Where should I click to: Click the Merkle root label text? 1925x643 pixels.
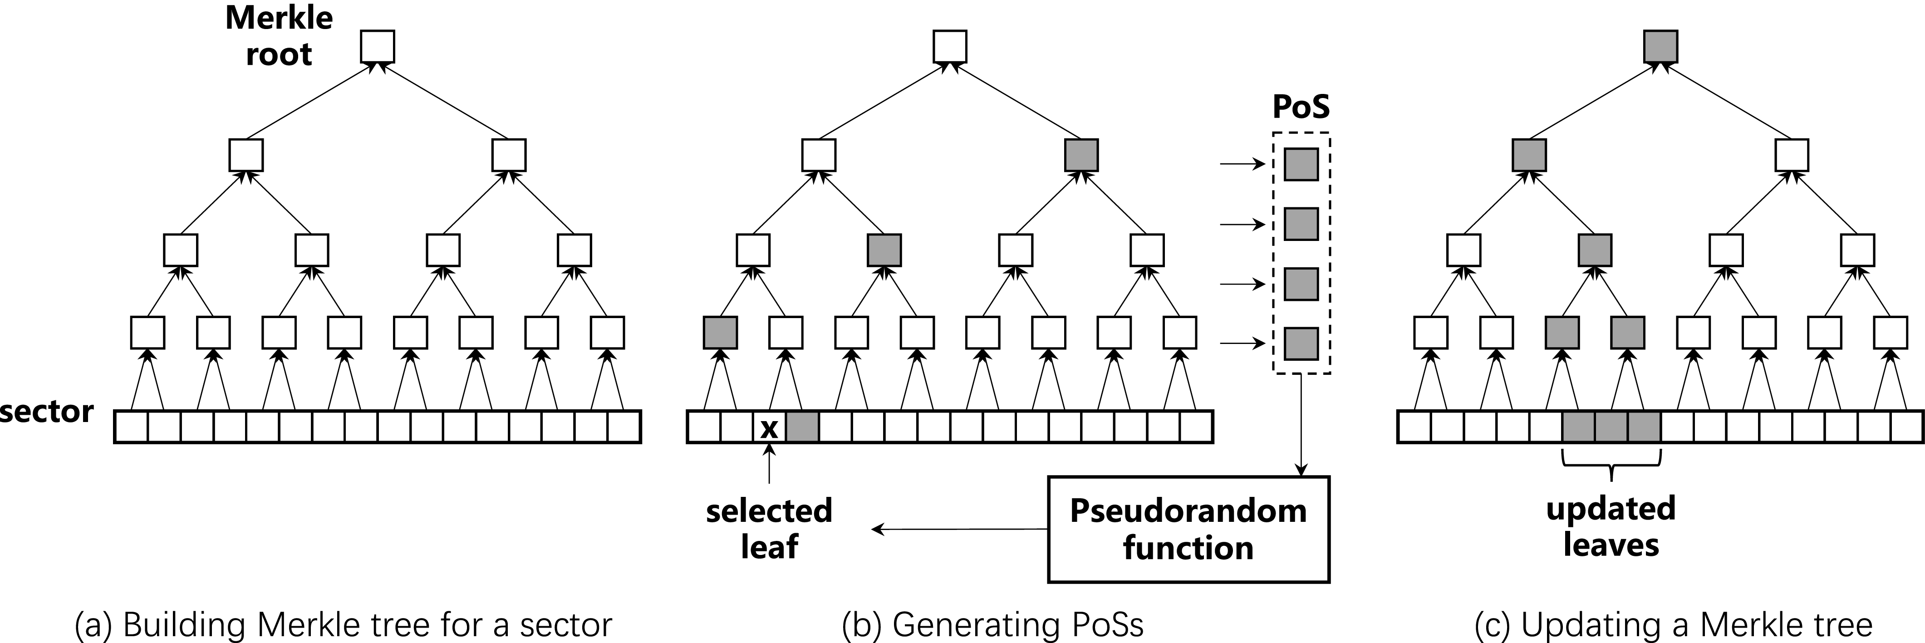pyautogui.click(x=279, y=36)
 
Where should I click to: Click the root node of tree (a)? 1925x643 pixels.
pyautogui.click(x=378, y=46)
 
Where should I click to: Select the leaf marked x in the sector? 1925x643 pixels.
pyautogui.click(x=769, y=427)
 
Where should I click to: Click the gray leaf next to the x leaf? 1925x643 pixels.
pyautogui.click(x=802, y=427)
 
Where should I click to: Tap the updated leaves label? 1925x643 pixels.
pyautogui.click(x=1611, y=526)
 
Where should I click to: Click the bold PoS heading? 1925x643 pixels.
pyautogui.click(x=1301, y=108)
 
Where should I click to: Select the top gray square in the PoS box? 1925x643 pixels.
pyautogui.click(x=1301, y=164)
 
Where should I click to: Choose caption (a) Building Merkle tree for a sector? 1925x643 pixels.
pyautogui.click(x=344, y=625)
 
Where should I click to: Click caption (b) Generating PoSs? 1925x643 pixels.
pyautogui.click(x=992, y=625)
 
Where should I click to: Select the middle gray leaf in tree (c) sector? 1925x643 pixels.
pyautogui.click(x=1611, y=427)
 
